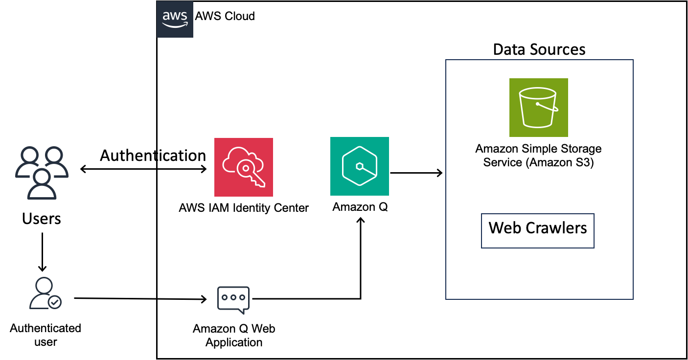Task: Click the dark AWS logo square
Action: [175, 19]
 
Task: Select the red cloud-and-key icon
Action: [243, 167]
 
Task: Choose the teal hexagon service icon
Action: [359, 166]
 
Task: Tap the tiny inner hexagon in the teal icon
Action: [360, 166]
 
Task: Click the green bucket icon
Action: [538, 108]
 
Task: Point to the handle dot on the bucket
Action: [537, 104]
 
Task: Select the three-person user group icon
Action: [42, 173]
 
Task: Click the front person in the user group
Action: [42, 185]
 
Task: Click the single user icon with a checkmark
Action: [45, 293]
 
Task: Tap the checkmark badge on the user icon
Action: [55, 302]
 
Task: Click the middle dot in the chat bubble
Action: [233, 297]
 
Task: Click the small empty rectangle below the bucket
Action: [537, 231]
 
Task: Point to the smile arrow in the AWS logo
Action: [175, 25]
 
